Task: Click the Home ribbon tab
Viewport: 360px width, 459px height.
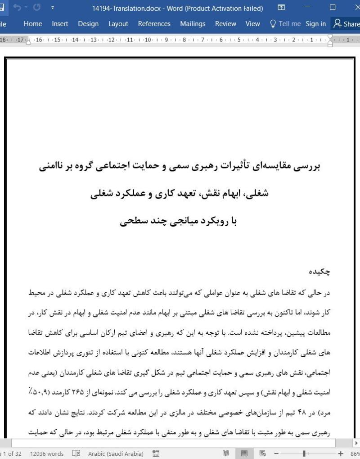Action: coord(33,24)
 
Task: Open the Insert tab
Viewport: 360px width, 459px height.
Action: coord(60,24)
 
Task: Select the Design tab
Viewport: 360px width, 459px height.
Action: coord(88,24)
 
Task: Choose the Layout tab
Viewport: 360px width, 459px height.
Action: coord(118,24)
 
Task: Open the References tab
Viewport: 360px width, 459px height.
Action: coord(154,24)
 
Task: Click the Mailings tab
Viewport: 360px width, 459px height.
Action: coord(193,24)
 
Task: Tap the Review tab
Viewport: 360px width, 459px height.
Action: coord(225,24)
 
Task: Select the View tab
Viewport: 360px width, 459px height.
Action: coord(253,24)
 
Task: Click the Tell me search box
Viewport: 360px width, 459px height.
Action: coord(285,24)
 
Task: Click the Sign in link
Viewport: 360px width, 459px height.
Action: coord(315,24)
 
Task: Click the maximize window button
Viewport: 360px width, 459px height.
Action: coord(333,8)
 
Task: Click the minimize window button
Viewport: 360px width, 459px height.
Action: coord(307,8)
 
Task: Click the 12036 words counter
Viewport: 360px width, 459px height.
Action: coord(47,454)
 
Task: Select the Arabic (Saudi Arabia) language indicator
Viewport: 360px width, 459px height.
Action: coord(116,454)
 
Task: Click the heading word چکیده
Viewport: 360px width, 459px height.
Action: coord(319,272)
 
